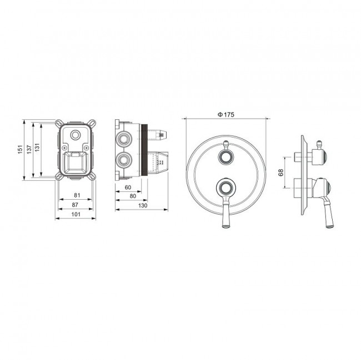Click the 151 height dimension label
pos(21,149)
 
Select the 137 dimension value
pos(29,149)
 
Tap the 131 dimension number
pos(37,148)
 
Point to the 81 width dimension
pos(77,195)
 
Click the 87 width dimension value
pos(75,205)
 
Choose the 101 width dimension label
pos(76,214)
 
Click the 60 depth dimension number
pos(128,187)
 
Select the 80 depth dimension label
pos(133,196)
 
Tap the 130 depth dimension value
pos(143,205)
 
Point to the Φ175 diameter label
pos(226,114)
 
